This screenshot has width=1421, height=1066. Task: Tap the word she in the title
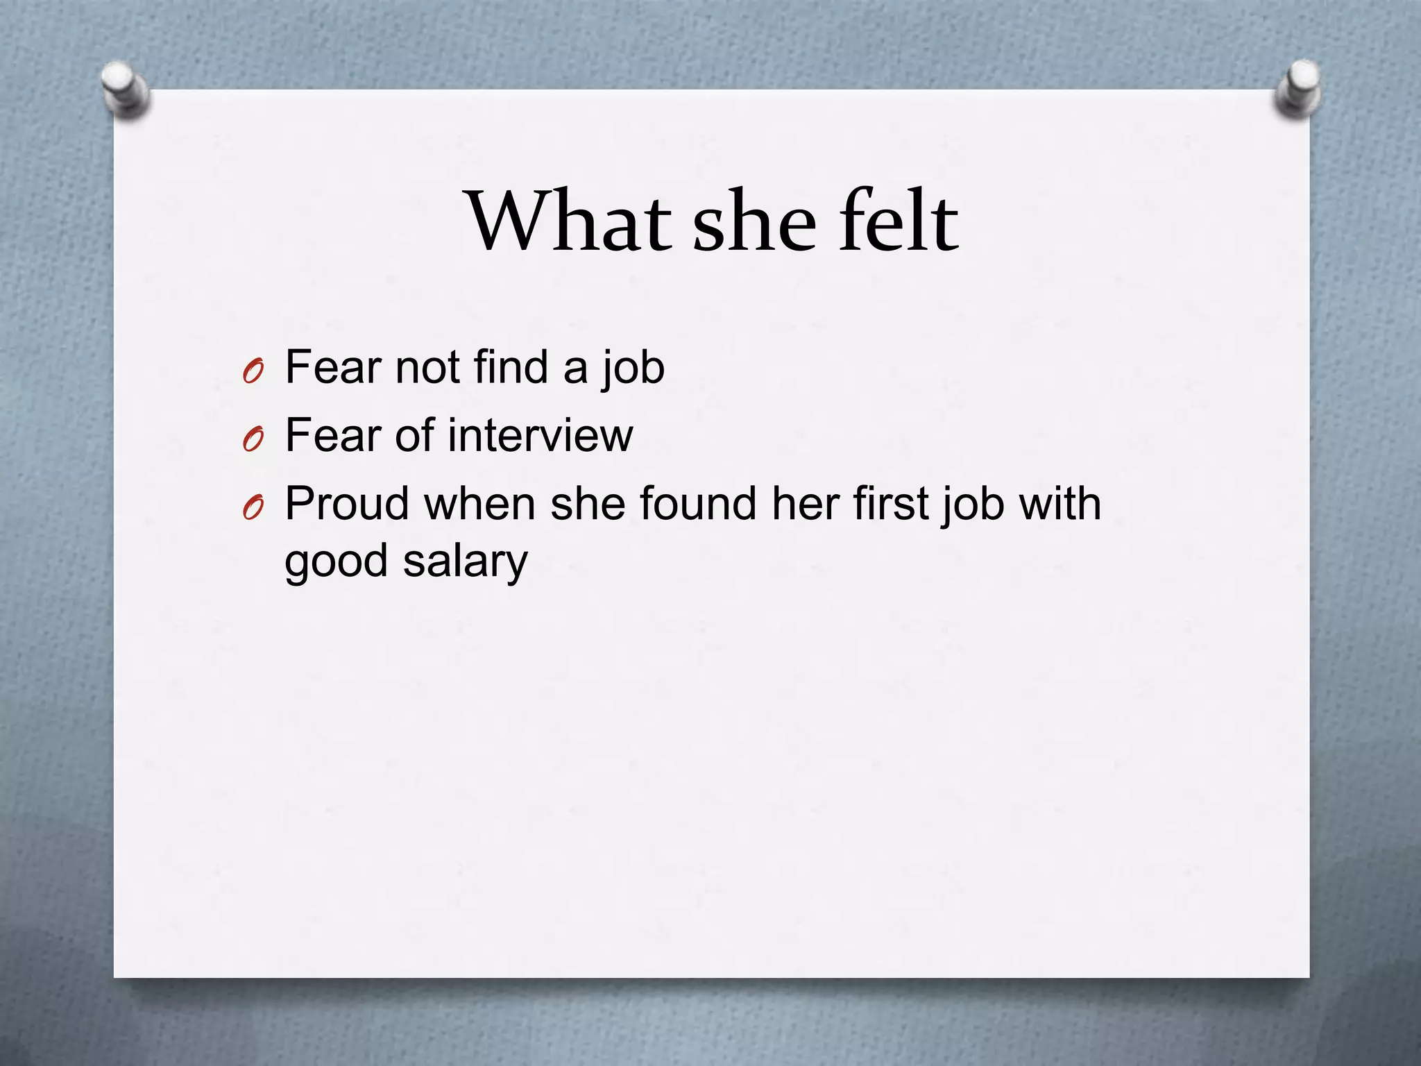[x=755, y=221]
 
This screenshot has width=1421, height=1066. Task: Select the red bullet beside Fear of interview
[x=253, y=441]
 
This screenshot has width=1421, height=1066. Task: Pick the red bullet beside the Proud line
[x=253, y=509]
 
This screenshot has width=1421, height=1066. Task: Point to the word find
[x=511, y=367]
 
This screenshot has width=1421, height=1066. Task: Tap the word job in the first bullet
[x=632, y=369]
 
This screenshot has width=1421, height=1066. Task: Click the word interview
[x=540, y=436]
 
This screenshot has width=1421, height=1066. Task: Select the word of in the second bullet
[x=414, y=436]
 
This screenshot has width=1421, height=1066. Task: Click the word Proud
[x=347, y=504]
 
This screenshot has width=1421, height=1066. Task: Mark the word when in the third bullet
[x=480, y=504]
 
